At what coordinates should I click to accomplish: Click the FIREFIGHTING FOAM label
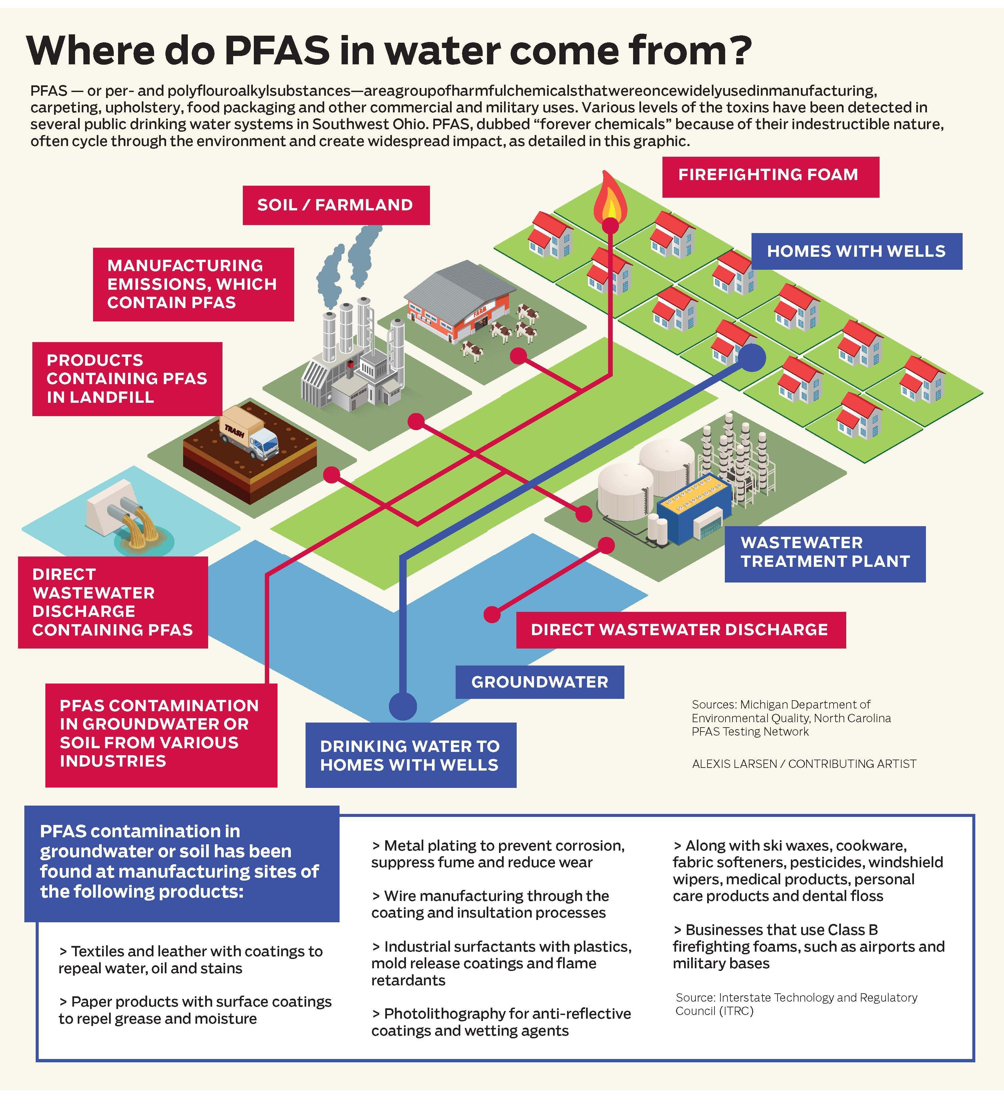[x=770, y=176]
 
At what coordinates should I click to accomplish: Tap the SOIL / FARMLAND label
[x=336, y=205]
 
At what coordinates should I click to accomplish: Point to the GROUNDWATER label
[x=539, y=682]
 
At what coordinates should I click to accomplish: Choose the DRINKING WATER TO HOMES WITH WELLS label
[x=410, y=755]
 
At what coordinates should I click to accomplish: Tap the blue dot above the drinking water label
[x=403, y=706]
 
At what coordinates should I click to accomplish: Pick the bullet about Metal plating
[x=498, y=854]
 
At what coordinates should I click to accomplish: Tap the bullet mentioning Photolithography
[x=500, y=1022]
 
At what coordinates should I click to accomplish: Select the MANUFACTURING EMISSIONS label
[x=192, y=284]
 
